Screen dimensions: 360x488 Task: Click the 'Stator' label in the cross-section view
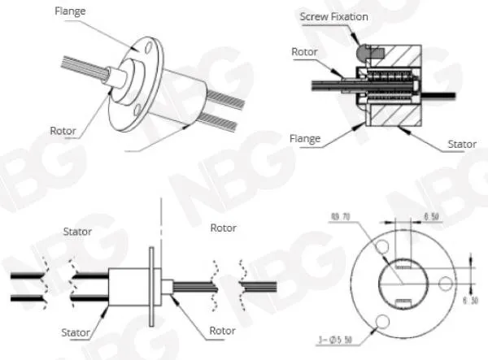pyautogui.click(x=461, y=145)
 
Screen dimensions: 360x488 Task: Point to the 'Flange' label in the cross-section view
pyautogui.click(x=305, y=139)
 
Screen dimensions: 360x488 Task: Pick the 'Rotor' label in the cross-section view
pyautogui.click(x=303, y=51)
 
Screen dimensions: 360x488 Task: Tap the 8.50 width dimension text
pyautogui.click(x=431, y=217)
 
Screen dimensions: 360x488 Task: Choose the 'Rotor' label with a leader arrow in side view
pyautogui.click(x=222, y=331)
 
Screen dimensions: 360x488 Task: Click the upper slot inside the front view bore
pyautogui.click(x=403, y=266)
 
